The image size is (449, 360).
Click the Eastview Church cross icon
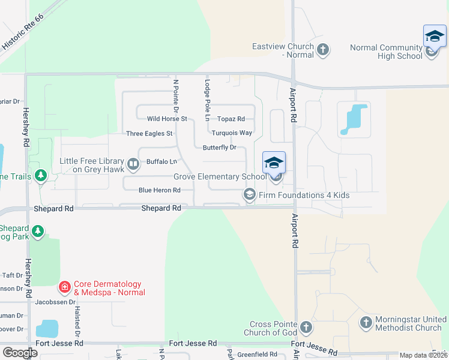(323, 49)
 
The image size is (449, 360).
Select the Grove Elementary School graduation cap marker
(274, 163)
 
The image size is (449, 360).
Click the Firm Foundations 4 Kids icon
(249, 194)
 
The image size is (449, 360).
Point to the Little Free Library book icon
(133, 163)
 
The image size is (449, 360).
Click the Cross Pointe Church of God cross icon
(306, 328)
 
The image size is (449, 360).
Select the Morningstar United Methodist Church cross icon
(366, 323)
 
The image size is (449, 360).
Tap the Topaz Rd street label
(231, 119)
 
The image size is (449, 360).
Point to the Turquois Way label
(232, 133)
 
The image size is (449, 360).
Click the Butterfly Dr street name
(220, 147)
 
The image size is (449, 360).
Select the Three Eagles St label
(149, 133)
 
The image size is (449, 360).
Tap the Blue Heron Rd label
(160, 190)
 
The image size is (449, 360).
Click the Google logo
(20, 353)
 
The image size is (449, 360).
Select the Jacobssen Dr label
(54, 302)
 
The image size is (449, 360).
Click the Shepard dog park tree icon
(38, 232)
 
